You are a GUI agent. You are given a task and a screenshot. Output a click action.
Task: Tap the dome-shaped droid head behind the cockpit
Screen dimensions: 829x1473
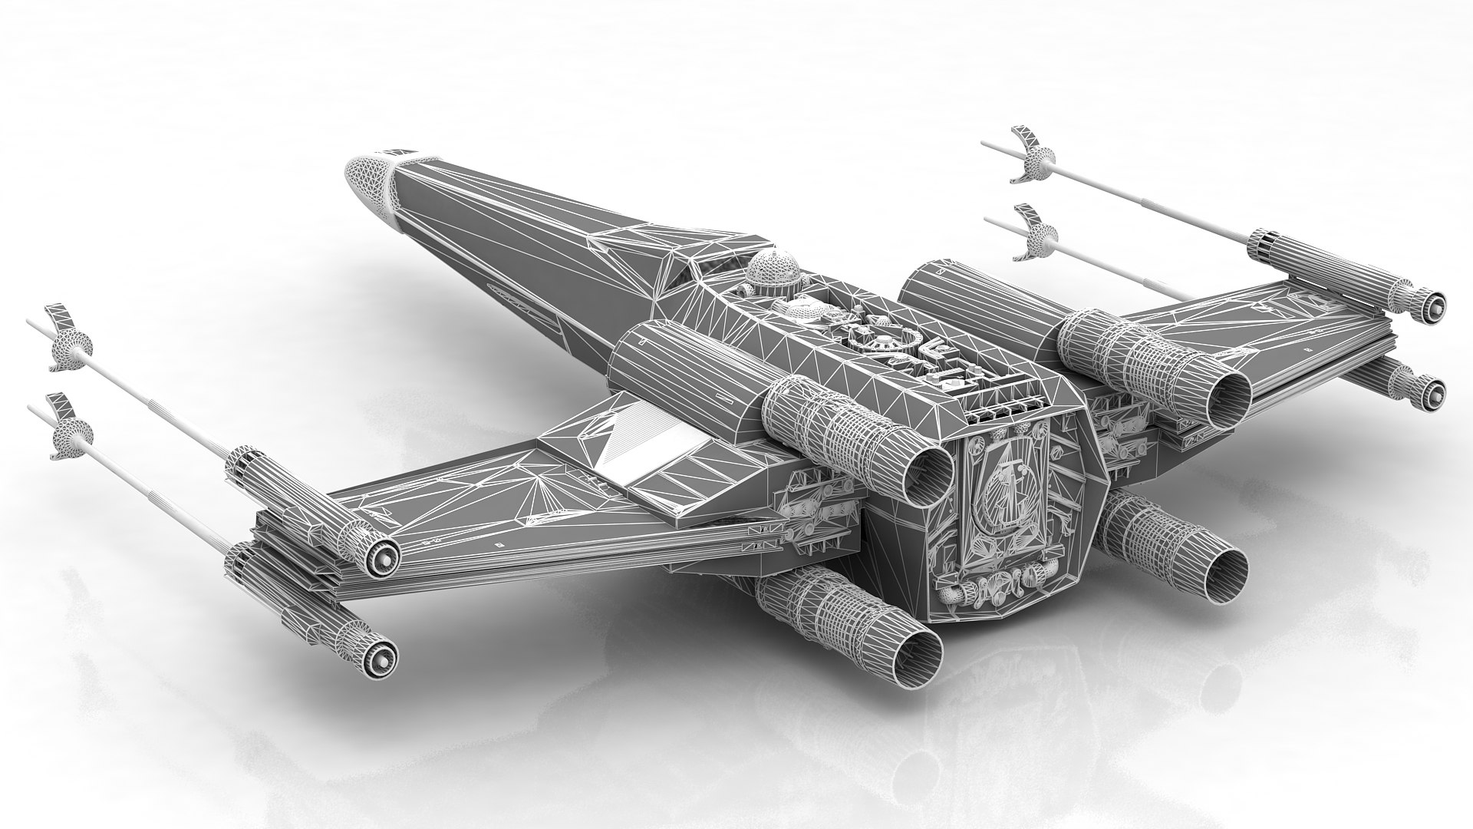(x=774, y=269)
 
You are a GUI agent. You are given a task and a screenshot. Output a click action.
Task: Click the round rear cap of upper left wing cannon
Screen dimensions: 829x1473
(x=381, y=550)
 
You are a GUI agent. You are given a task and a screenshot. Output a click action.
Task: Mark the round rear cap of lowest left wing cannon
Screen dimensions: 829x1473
(x=381, y=654)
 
